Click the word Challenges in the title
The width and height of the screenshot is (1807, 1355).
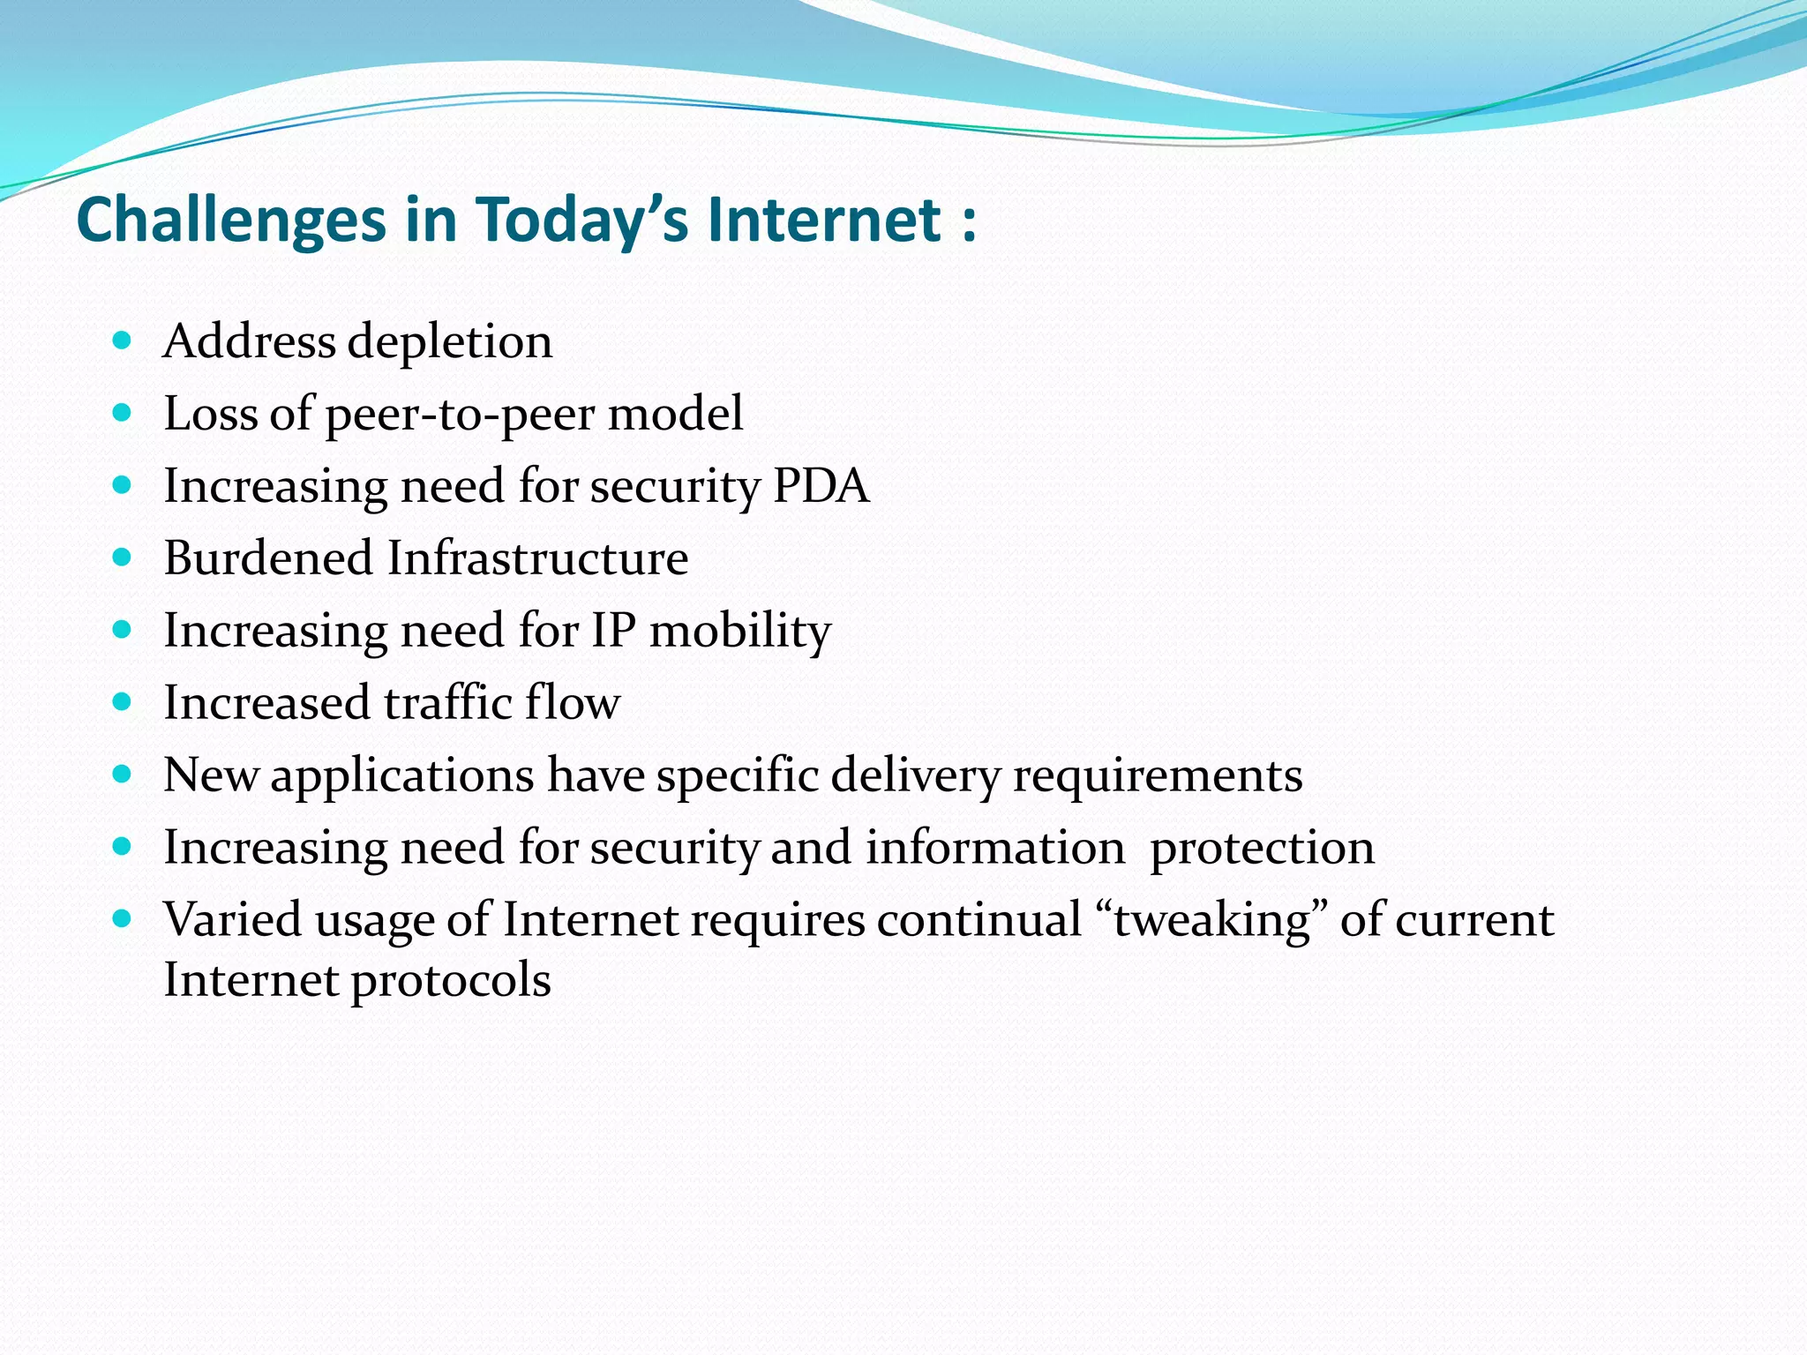click(231, 221)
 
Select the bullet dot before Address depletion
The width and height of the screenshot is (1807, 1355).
click(123, 340)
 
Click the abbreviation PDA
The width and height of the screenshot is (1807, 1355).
click(821, 485)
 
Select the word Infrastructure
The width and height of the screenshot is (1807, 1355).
click(538, 558)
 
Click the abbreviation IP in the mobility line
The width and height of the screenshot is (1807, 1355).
click(613, 630)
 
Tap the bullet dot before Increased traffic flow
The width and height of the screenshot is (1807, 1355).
click(123, 702)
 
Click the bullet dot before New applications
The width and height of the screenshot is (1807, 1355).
click(123, 775)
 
